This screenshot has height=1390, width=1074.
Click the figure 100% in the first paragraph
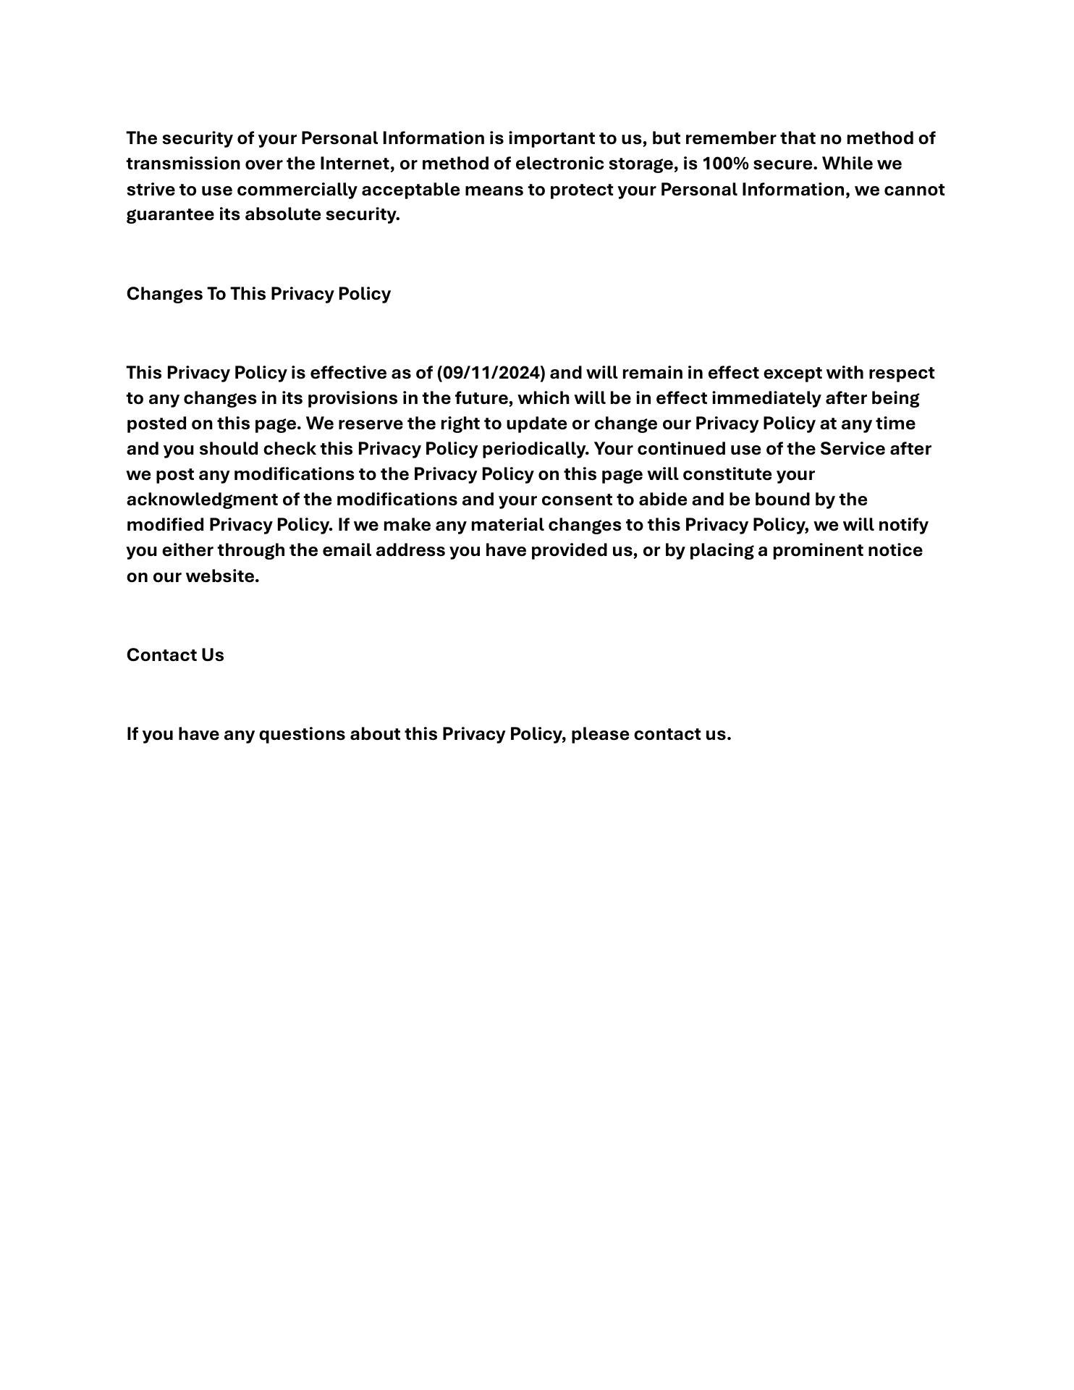pyautogui.click(x=725, y=164)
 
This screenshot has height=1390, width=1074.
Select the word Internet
pyautogui.click(x=355, y=164)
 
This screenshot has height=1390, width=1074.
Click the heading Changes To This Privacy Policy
pyautogui.click(x=258, y=294)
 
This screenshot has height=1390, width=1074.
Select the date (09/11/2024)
pyautogui.click(x=491, y=373)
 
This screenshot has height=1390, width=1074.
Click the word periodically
pyautogui.click(x=536, y=449)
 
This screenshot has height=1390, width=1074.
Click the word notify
pyautogui.click(x=903, y=525)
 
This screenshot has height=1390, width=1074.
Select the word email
pyautogui.click(x=346, y=550)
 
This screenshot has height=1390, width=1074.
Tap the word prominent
pyautogui.click(x=818, y=550)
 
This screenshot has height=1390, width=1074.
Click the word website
pyautogui.click(x=222, y=576)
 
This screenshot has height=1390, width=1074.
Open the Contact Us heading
pyautogui.click(x=175, y=655)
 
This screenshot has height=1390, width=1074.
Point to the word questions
pyautogui.click(x=302, y=734)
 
